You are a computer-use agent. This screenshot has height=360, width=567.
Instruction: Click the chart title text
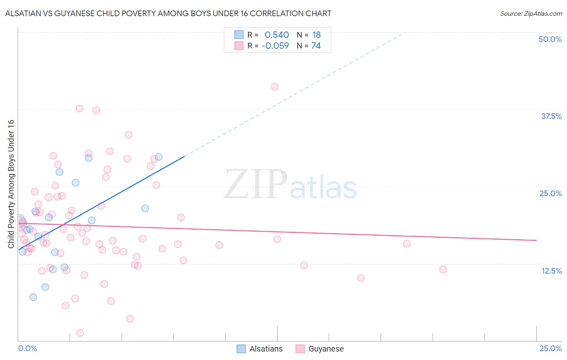[x=168, y=13]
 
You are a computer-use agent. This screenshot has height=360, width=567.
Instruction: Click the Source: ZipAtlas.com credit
[x=531, y=14]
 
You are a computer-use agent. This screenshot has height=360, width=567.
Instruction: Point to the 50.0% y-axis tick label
[x=550, y=39]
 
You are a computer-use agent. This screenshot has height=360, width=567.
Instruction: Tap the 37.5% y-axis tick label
[x=551, y=116]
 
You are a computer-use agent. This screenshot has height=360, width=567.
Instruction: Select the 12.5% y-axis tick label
[x=551, y=271]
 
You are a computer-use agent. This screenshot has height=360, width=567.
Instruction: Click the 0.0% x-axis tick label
[x=27, y=348]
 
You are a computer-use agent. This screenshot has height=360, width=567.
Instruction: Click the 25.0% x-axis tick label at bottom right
[x=550, y=348]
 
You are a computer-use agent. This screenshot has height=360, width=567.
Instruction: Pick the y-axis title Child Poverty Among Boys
[x=11, y=184]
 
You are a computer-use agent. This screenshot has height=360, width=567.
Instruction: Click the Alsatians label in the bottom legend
[x=266, y=349]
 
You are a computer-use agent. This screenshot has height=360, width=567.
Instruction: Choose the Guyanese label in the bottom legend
[x=326, y=349]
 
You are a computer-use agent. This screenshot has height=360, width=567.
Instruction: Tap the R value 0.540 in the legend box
[x=277, y=35]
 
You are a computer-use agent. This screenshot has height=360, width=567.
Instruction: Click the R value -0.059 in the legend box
[x=275, y=46]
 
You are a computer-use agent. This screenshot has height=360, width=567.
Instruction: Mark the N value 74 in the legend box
[x=316, y=46]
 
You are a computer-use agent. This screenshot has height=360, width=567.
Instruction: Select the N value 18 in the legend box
[x=316, y=35]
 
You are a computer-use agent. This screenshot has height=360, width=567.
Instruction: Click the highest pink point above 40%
[x=275, y=87]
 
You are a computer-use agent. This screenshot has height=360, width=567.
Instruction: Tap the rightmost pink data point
[x=443, y=269]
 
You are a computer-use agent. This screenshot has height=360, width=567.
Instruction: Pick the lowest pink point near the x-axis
[x=80, y=333]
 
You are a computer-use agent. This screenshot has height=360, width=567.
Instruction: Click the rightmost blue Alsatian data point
[x=159, y=157]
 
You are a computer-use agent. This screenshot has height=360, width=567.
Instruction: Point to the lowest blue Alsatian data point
[x=33, y=297]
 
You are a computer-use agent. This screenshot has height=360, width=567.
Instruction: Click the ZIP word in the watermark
[x=256, y=185]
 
